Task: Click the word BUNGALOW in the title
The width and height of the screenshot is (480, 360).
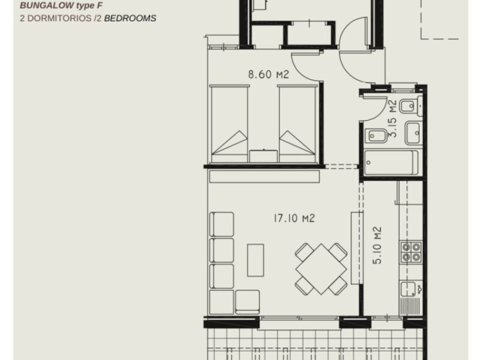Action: click(x=47, y=5)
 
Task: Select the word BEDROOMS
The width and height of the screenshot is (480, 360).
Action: click(x=130, y=19)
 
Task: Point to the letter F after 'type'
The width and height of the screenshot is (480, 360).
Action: click(x=100, y=5)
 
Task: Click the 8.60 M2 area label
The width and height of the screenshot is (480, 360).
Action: click(x=268, y=74)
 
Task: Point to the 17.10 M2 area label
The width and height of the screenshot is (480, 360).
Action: click(x=294, y=218)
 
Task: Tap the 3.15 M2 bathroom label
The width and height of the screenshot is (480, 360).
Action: click(x=392, y=119)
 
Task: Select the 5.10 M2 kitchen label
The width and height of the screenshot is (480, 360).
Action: click(x=377, y=245)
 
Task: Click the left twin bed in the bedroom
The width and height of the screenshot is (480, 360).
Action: click(x=229, y=124)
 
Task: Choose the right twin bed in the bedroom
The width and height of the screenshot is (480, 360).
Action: click(x=297, y=124)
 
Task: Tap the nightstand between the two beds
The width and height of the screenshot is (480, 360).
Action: click(x=263, y=156)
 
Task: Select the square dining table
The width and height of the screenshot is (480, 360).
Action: click(x=321, y=269)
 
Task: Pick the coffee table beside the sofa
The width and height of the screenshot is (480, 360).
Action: click(x=256, y=260)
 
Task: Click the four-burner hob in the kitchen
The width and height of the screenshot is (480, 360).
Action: click(x=411, y=252)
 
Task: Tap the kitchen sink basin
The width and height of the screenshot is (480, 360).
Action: click(x=408, y=289)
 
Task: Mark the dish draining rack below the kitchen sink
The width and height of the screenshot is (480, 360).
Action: click(x=410, y=306)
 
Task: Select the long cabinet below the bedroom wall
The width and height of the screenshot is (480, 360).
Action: click(x=265, y=176)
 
